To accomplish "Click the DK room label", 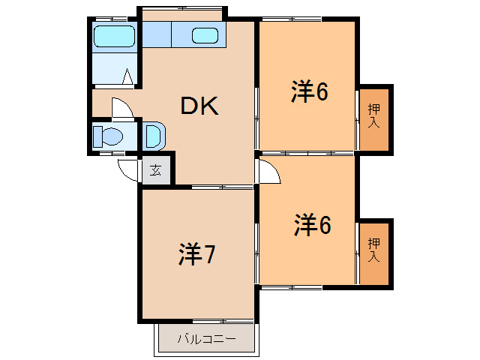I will [x=199, y=106].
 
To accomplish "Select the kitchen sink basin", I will [x=205, y=35].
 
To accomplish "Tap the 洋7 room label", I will [x=197, y=255].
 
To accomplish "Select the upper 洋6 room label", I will [x=310, y=91].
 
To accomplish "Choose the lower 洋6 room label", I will [x=312, y=225].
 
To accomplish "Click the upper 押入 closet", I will [x=373, y=116].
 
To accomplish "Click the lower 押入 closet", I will [x=373, y=250].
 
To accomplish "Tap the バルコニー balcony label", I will [x=206, y=339].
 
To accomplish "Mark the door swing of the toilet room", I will [x=121, y=108].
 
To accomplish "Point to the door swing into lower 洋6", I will [x=268, y=172].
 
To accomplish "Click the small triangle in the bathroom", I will [x=127, y=76].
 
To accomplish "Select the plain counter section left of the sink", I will [x=157, y=35].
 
